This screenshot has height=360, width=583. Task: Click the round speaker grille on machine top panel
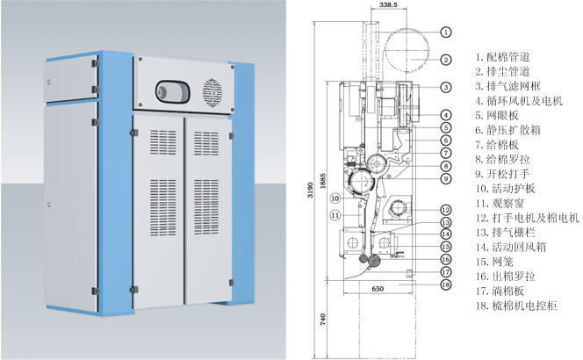pos(211,91)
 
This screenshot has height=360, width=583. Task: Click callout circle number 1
pos(446,32)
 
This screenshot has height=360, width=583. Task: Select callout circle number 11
pos(335,214)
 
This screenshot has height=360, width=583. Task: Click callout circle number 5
pos(446,127)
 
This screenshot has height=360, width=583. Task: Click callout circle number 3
pos(446,87)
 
